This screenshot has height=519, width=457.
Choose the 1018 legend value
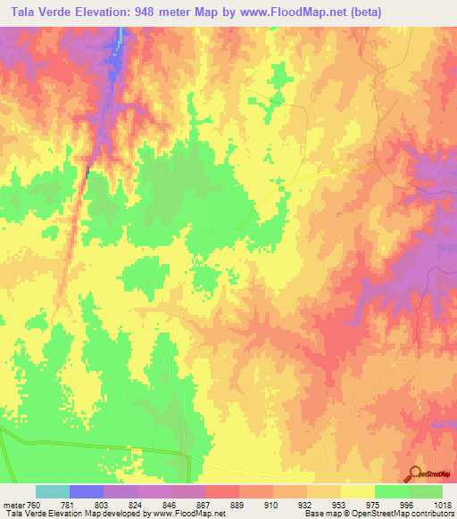coord(442,505)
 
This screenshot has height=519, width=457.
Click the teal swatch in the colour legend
coord(53,491)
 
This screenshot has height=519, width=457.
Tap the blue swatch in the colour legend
coord(87,491)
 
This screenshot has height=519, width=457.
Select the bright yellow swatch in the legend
coord(358,491)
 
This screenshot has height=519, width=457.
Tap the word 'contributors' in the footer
coord(429,515)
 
